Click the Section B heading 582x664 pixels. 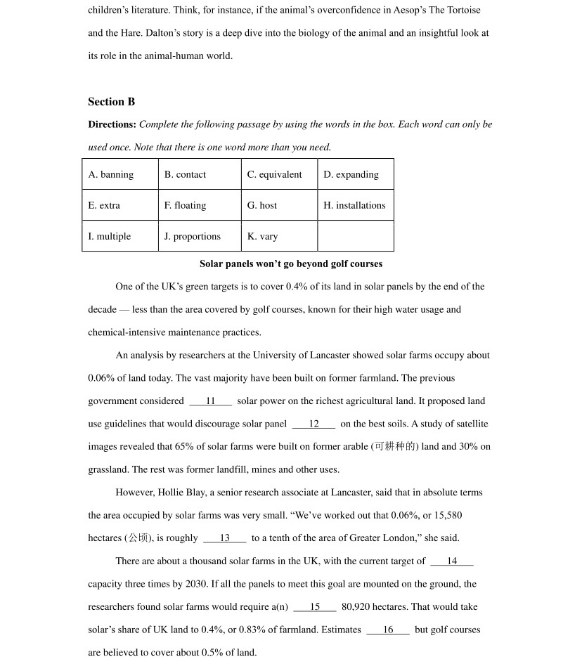111,102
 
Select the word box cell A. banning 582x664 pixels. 119,174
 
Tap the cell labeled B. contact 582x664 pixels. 200,174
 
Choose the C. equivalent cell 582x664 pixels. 279,174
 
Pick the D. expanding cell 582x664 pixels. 355,174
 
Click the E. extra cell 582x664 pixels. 119,205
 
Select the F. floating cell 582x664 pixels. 200,205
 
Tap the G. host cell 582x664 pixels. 279,205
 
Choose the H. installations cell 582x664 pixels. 355,205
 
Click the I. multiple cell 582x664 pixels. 119,236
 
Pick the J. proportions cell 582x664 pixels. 200,236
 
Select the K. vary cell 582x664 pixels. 279,236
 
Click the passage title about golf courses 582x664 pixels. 291,263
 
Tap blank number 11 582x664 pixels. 210,401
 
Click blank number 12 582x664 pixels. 313,424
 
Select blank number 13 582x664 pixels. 225,538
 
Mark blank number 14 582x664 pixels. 452,561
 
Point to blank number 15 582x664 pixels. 315,607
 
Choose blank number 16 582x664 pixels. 388,630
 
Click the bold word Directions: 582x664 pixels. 112,124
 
